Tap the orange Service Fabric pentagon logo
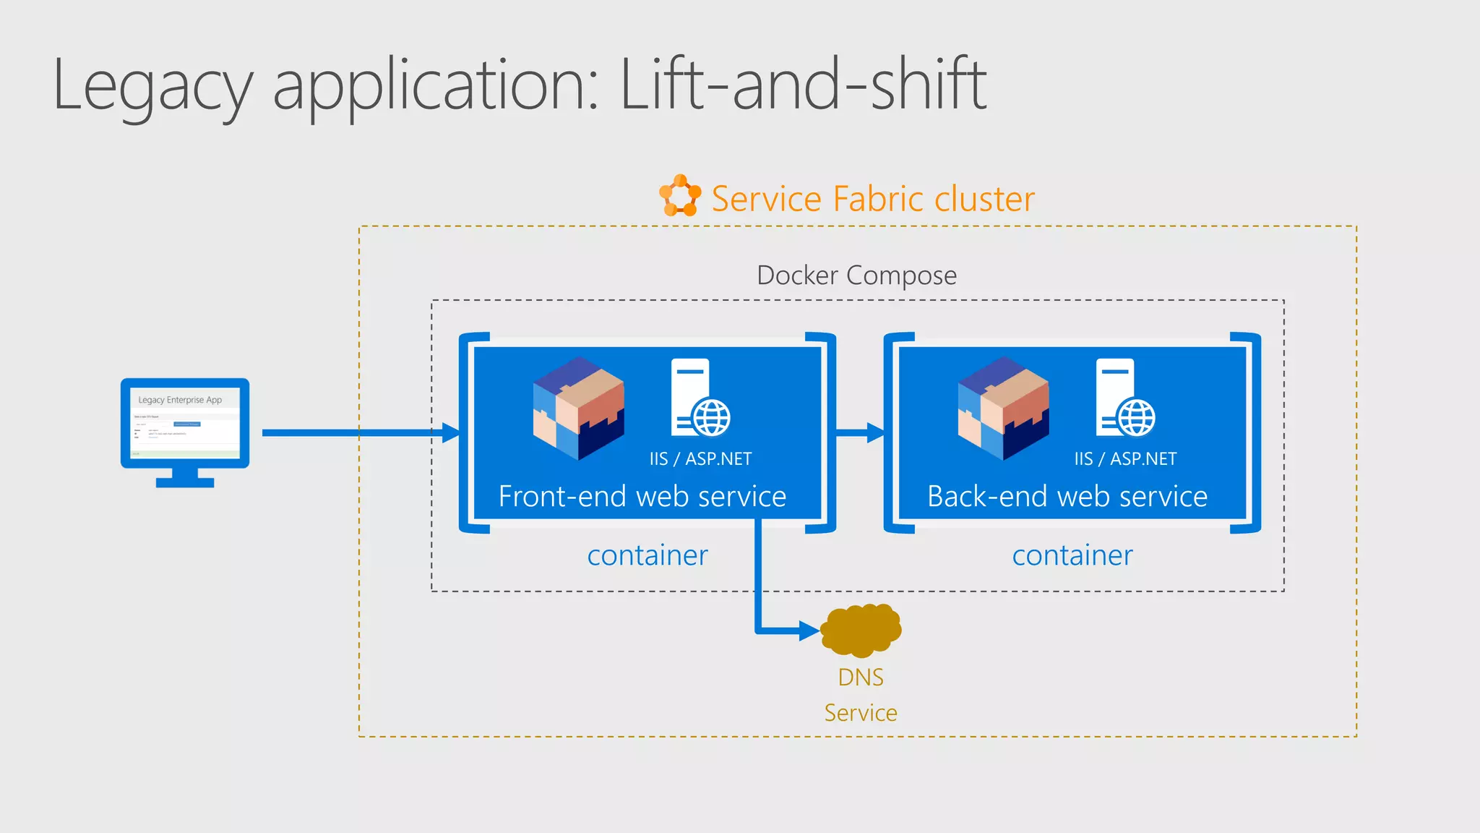(680, 195)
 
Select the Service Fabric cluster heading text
(873, 199)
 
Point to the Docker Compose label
(856, 275)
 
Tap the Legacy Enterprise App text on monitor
(180, 400)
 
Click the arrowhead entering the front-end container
(452, 433)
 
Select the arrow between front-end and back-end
(860, 433)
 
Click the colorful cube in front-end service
(578, 409)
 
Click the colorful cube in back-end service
(1003, 409)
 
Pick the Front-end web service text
(642, 497)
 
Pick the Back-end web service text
(1067, 497)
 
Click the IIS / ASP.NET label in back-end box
(1125, 459)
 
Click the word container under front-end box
(647, 555)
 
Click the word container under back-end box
(1072, 555)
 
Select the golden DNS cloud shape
(861, 630)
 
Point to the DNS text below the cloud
(861, 678)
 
